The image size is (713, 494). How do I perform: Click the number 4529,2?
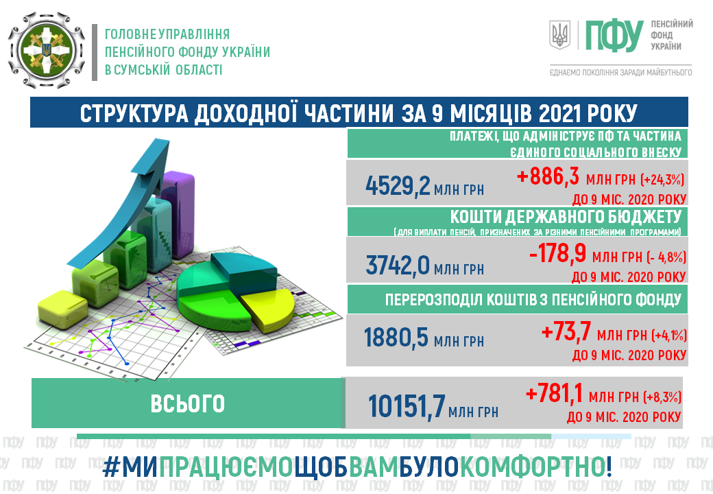(398, 185)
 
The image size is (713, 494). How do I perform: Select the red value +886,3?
(548, 176)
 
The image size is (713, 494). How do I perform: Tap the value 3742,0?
(398, 265)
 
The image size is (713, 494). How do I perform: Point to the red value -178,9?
(557, 254)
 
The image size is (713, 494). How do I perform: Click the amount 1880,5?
(396, 338)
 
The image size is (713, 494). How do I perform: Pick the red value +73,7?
(566, 331)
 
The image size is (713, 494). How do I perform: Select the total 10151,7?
(407, 405)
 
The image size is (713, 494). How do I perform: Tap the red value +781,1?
(554, 393)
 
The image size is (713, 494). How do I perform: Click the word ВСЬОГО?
(187, 403)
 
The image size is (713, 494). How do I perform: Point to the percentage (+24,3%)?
(662, 180)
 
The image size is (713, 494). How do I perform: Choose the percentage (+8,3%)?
(662, 397)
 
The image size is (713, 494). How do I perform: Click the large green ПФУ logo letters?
(614, 36)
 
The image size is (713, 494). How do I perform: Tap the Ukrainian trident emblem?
(559, 34)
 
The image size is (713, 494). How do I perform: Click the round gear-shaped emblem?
(47, 50)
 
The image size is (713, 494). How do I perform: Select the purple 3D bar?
(178, 214)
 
